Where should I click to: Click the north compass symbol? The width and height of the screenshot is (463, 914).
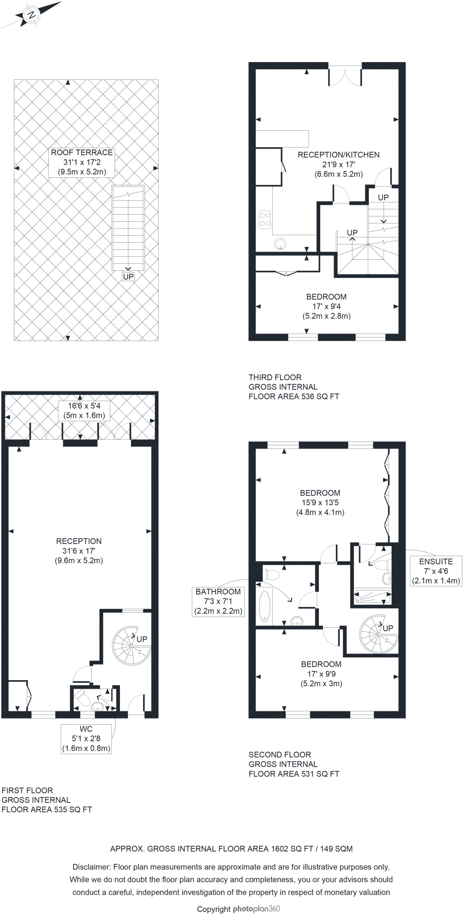pyautogui.click(x=31, y=15)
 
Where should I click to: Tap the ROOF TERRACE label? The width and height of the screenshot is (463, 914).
pyautogui.click(x=82, y=162)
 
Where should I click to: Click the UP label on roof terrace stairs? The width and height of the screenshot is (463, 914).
pyautogui.click(x=128, y=277)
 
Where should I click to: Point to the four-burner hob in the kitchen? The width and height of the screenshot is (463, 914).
pyautogui.click(x=265, y=219)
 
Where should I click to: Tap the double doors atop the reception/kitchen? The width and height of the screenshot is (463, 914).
pyautogui.click(x=345, y=76)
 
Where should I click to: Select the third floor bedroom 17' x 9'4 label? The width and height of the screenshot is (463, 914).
pyautogui.click(x=326, y=306)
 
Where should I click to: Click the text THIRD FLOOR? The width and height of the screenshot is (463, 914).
pyautogui.click(x=275, y=378)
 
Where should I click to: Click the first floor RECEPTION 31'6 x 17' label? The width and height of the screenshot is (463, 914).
pyautogui.click(x=79, y=551)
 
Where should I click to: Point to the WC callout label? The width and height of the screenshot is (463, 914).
pyautogui.click(x=86, y=739)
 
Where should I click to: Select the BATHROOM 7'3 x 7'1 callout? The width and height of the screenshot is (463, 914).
pyautogui.click(x=219, y=601)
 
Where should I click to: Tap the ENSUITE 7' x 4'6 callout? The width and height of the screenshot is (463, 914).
pyautogui.click(x=435, y=571)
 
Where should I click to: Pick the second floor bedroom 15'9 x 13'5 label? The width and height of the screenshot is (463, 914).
pyautogui.click(x=320, y=503)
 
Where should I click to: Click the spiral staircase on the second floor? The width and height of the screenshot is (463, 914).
pyautogui.click(x=378, y=634)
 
